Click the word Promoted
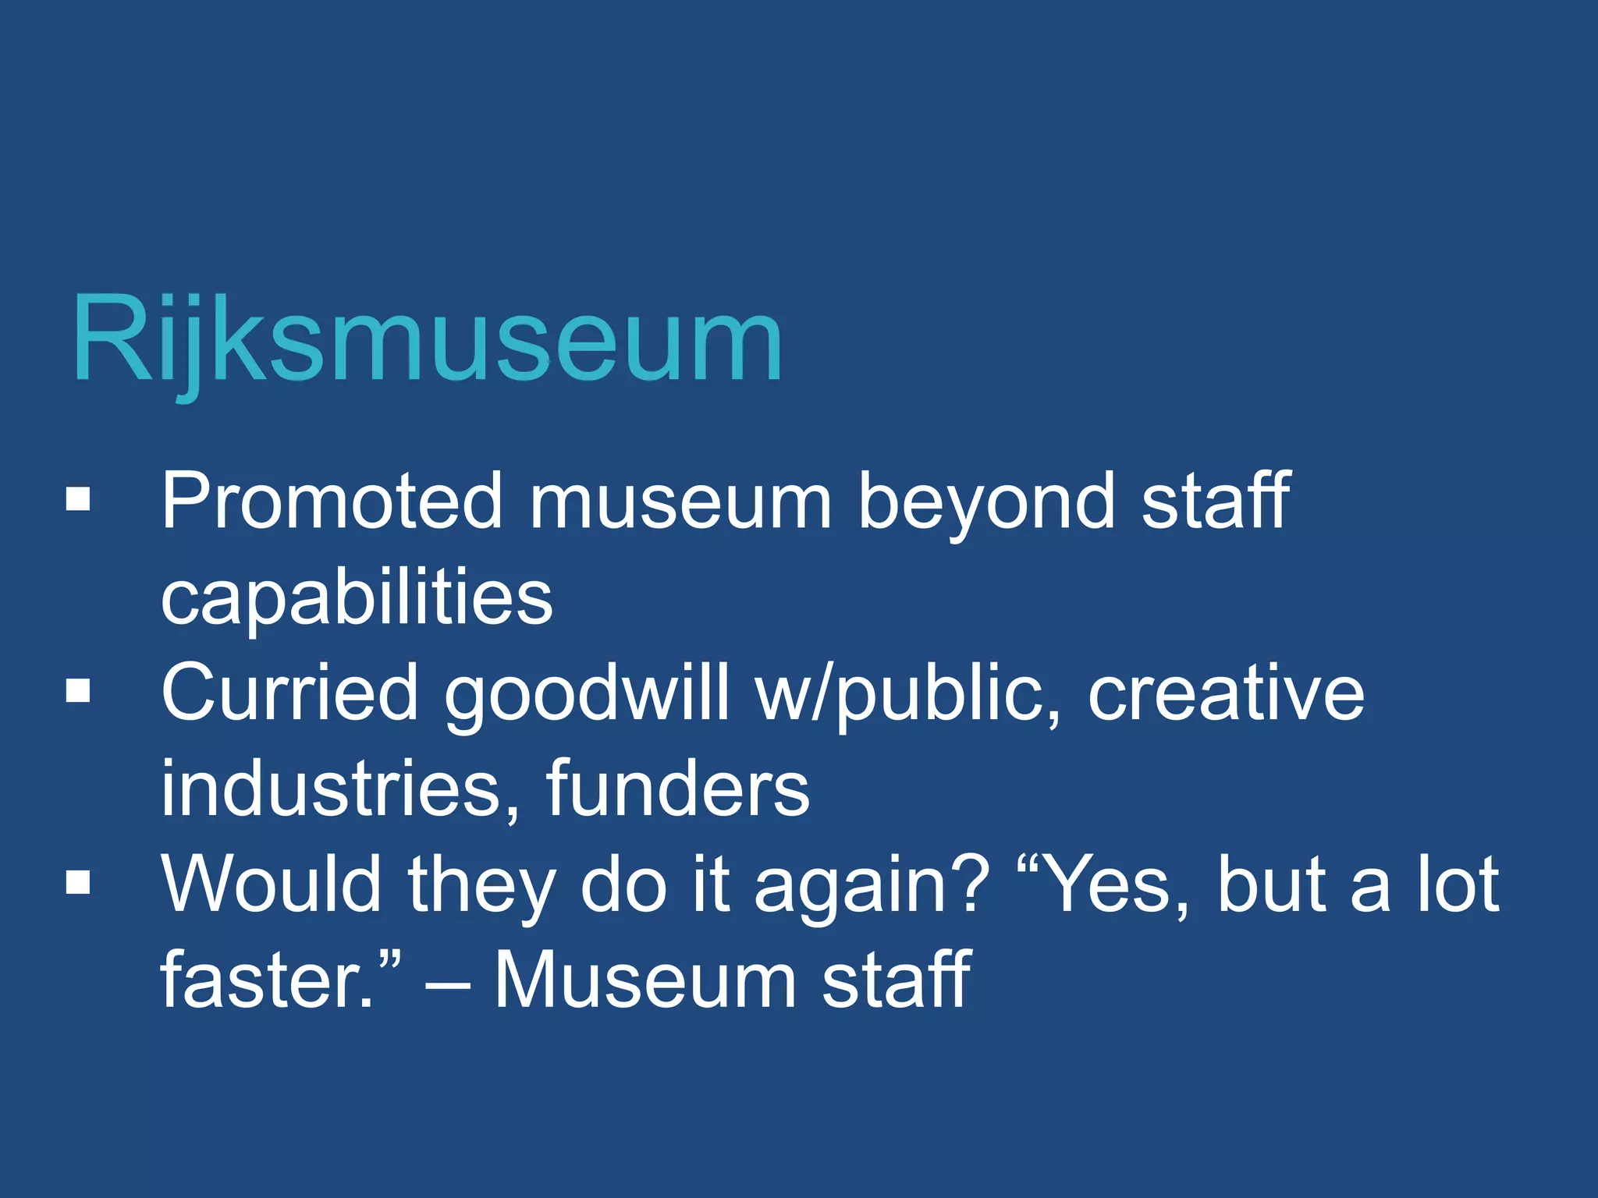pos(332,502)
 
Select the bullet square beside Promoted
pos(78,500)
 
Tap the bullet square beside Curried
pos(78,691)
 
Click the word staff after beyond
pos(1216,502)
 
